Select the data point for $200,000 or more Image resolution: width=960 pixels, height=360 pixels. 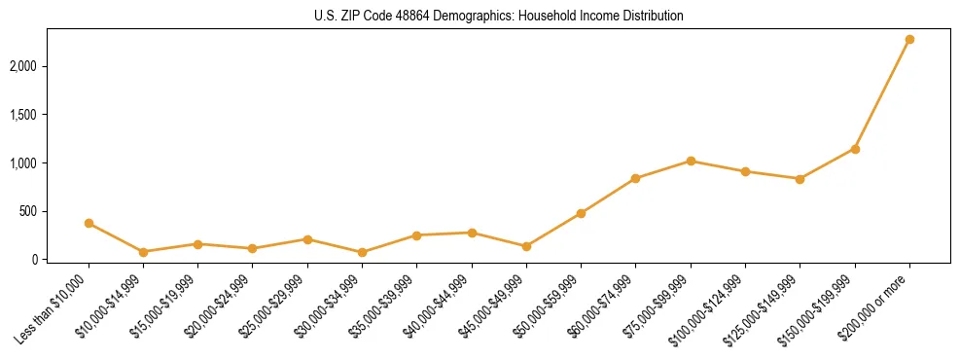(x=909, y=40)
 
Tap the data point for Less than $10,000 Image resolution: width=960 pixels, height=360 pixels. (x=89, y=223)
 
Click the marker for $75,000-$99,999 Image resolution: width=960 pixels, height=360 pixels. (x=691, y=161)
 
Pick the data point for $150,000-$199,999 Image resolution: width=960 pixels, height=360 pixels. (x=855, y=149)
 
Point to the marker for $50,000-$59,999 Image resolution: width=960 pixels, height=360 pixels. (x=581, y=213)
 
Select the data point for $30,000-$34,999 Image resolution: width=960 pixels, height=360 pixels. (x=362, y=252)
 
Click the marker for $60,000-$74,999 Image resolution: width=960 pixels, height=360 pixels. (x=635, y=178)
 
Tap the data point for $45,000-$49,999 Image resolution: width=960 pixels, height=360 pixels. (x=526, y=246)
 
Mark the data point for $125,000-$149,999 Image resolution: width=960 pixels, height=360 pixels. (x=800, y=179)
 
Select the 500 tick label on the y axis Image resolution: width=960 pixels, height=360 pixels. (x=38, y=211)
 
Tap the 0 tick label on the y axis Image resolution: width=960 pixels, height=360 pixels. (x=45, y=260)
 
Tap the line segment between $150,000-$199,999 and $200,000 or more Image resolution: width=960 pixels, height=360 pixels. (x=882, y=94)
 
